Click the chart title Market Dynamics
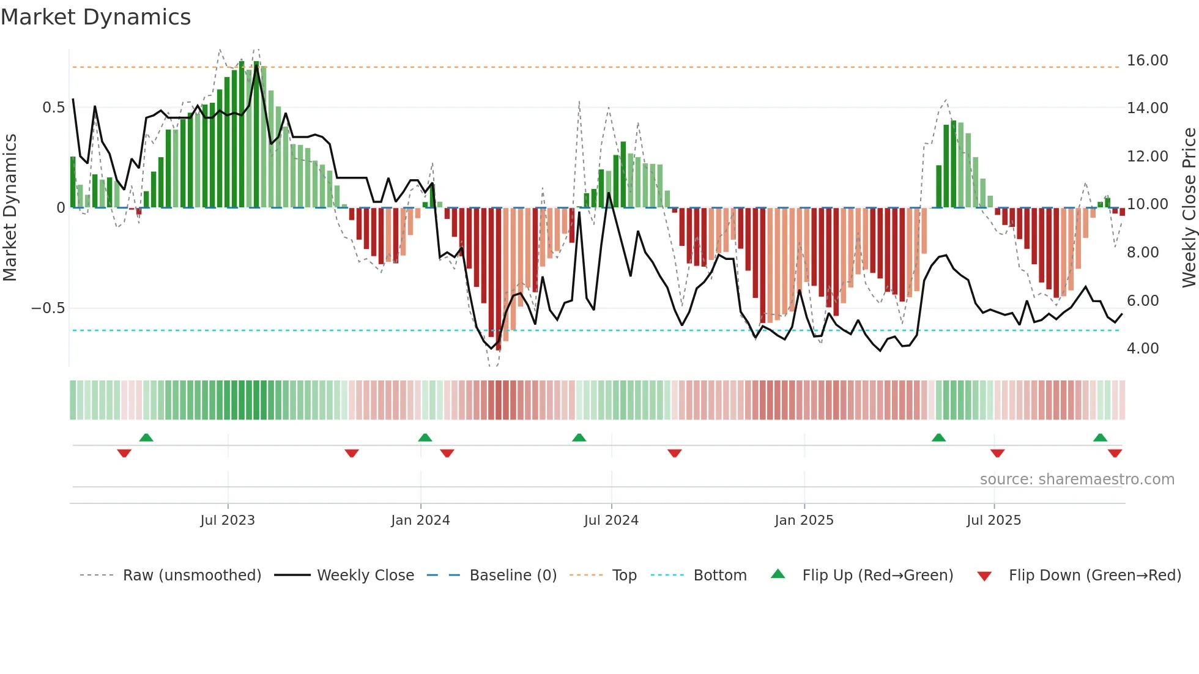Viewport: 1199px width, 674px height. (x=95, y=17)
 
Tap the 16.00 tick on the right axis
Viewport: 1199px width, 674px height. (x=1147, y=61)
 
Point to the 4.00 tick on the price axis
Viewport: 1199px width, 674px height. (x=1143, y=349)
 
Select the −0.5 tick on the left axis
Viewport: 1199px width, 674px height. (x=48, y=308)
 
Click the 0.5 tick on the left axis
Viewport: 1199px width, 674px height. (x=53, y=108)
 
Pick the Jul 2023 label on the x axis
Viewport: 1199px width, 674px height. (x=227, y=520)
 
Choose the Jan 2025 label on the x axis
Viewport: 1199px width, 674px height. (x=803, y=520)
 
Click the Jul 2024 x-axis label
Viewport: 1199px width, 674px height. (x=611, y=520)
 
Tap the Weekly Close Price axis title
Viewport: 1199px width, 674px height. (x=1189, y=208)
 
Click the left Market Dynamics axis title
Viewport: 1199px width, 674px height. (x=10, y=208)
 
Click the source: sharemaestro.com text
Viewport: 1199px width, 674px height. (x=1077, y=480)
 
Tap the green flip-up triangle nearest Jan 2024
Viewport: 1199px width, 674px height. (x=425, y=438)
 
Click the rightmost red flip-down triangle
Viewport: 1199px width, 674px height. (x=1115, y=453)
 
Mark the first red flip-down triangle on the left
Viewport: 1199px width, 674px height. (x=124, y=453)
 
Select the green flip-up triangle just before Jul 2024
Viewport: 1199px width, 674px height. (x=579, y=438)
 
